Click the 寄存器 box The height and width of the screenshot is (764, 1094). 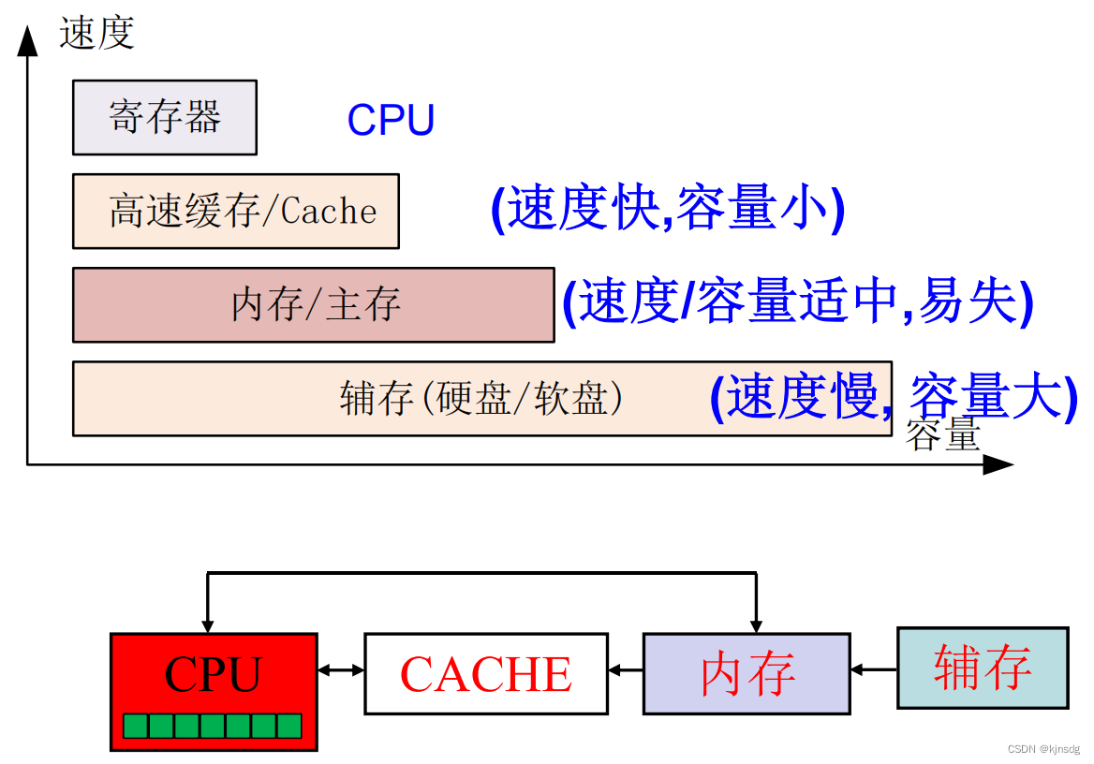(164, 117)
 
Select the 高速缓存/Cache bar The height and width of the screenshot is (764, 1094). (235, 211)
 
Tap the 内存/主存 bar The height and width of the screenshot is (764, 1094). (313, 304)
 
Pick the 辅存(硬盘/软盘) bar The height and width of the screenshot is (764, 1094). (481, 398)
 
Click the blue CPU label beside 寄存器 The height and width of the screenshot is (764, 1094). (391, 120)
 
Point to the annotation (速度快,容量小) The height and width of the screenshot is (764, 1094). (668, 209)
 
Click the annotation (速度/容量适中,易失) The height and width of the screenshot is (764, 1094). (797, 302)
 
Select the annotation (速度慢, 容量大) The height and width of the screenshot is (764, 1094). (894, 396)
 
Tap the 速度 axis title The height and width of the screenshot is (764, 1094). (96, 33)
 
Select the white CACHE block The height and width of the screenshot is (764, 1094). (485, 673)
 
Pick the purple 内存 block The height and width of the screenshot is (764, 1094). (747, 673)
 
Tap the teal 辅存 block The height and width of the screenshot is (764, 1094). (983, 667)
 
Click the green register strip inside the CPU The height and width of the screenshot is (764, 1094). (213, 726)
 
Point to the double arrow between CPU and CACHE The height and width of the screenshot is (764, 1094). (340, 670)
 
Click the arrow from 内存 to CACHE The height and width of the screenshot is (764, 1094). (626, 670)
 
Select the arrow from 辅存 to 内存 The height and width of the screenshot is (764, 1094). (874, 669)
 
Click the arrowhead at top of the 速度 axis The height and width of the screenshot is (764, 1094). (28, 39)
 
